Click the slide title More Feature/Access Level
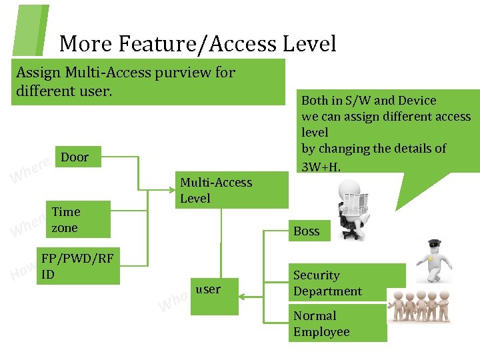[x=197, y=44]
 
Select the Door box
[x=79, y=158]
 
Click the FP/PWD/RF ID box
[x=79, y=267]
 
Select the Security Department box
[x=347, y=283]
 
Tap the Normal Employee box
[x=337, y=323]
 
